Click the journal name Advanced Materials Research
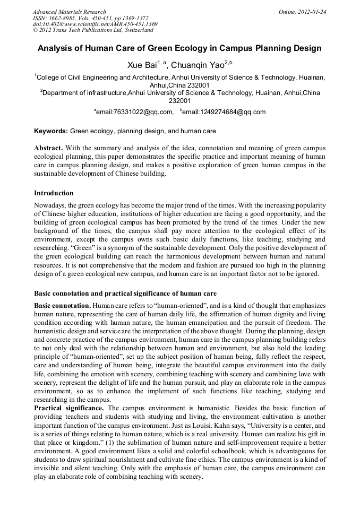click(69, 12)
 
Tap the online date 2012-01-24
click(313, 12)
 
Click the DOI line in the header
click(95, 24)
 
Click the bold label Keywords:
click(51, 131)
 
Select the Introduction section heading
click(54, 193)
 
